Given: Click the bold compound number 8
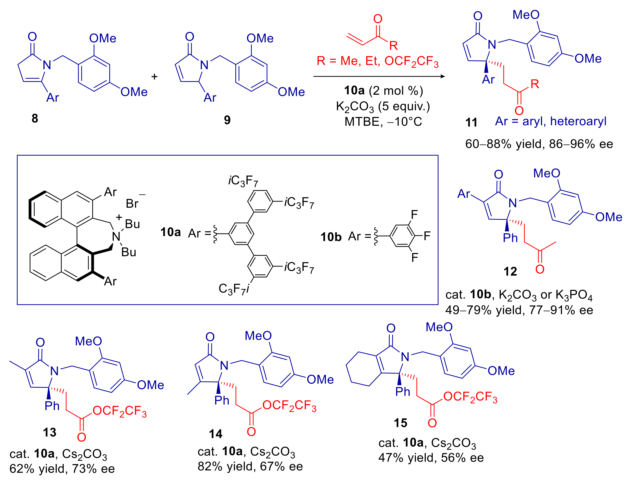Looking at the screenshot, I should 35,118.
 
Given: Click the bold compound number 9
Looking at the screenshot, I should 227,120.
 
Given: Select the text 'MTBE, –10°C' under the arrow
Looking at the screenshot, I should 383,122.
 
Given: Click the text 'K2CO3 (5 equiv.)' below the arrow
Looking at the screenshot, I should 383,107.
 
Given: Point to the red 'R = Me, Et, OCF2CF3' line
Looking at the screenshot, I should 378,61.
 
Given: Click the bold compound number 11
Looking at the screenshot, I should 471,122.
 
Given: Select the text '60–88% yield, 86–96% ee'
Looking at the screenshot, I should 539,144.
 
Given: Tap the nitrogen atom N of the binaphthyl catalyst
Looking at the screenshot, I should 116,237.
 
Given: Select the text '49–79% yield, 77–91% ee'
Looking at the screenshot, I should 519,310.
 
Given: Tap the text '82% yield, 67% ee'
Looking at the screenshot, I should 250,467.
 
